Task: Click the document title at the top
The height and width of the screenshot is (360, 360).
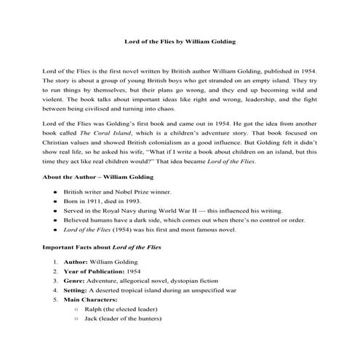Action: click(x=180, y=44)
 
